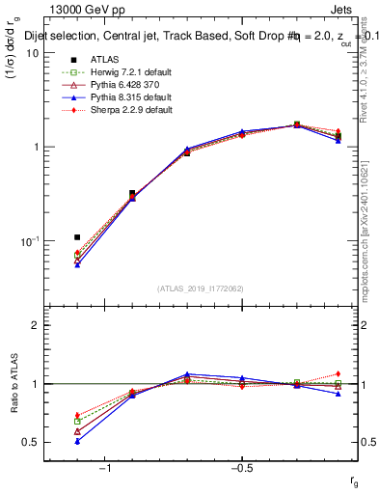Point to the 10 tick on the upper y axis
[x=32, y=53]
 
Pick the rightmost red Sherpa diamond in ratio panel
[x=338, y=373]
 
